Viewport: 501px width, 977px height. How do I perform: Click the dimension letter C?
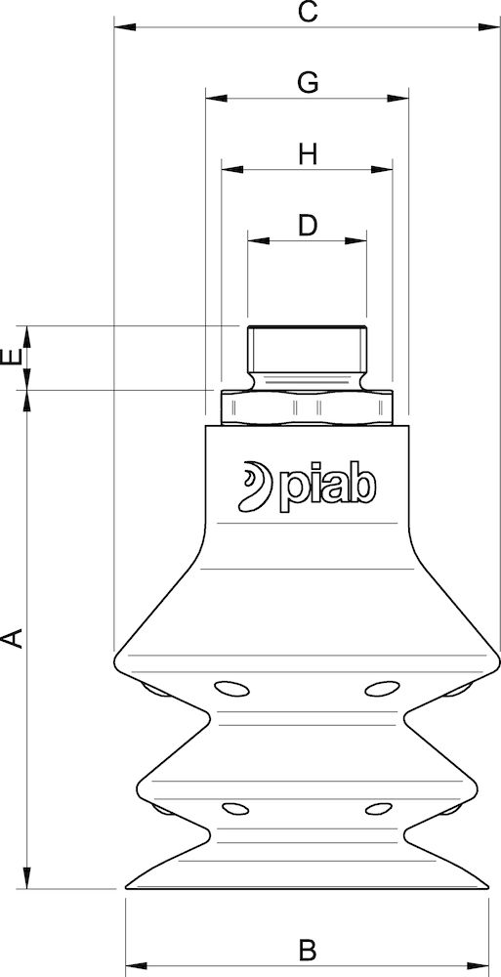tap(307, 13)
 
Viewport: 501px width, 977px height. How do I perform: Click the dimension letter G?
tap(307, 83)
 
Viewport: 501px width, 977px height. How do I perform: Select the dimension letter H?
tap(308, 154)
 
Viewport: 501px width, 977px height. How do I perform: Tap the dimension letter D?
tap(308, 226)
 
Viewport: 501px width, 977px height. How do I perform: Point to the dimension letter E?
tap(11, 358)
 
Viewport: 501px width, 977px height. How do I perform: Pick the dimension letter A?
tap(12, 639)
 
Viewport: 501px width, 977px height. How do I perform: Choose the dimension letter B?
tap(307, 949)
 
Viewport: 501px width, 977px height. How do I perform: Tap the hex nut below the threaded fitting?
tap(307, 405)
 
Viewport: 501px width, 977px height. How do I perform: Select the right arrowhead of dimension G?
tap(401, 98)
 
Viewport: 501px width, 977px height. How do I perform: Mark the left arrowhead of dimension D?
tap(253, 239)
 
